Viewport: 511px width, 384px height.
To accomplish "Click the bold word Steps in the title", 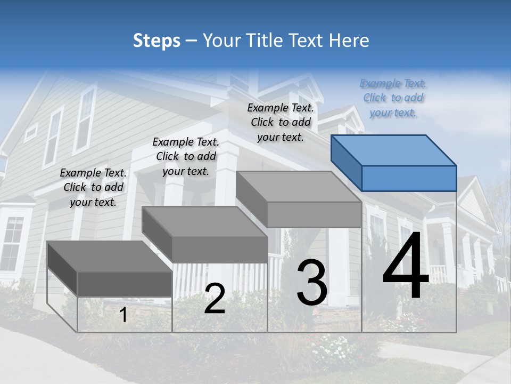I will [156, 41].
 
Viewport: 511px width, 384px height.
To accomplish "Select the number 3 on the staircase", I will [311, 283].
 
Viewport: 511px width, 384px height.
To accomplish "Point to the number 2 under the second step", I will [215, 299].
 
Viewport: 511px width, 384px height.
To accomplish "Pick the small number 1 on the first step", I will [123, 315].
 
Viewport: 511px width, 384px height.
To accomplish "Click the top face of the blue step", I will [394, 150].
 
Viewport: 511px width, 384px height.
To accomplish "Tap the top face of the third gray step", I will [298, 187].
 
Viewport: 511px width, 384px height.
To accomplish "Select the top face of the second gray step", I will [205, 222].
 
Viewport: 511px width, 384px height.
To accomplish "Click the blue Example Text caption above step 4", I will [393, 98].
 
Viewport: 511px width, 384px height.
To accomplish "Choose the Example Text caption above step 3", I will [281, 122].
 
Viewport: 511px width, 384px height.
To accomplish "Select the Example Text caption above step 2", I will [186, 156].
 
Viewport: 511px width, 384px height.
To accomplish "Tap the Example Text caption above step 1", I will [93, 187].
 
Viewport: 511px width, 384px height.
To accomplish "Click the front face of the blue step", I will [409, 178].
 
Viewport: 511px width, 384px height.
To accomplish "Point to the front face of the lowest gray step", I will [125, 284].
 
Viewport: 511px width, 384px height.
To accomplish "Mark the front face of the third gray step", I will [314, 214].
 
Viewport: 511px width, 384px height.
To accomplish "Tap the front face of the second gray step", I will [219, 250].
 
